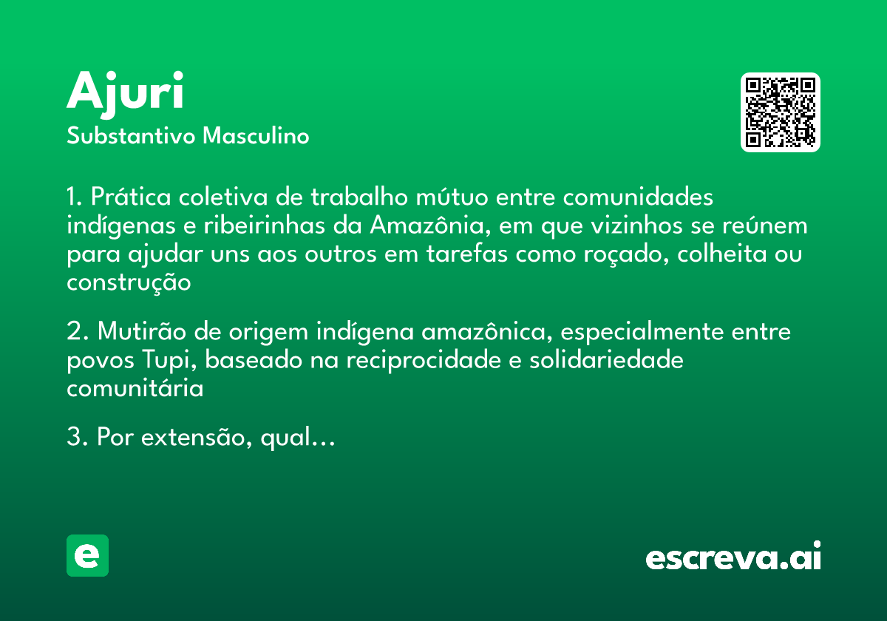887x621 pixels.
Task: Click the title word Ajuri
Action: coord(125,92)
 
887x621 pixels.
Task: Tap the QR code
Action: coord(781,112)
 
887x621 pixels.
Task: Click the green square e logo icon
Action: coord(87,555)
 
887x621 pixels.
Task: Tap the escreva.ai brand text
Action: coord(733,557)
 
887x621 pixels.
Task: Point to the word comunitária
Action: coord(135,388)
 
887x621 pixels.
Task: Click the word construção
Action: coord(129,282)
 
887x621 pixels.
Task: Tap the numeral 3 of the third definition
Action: coord(72,438)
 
